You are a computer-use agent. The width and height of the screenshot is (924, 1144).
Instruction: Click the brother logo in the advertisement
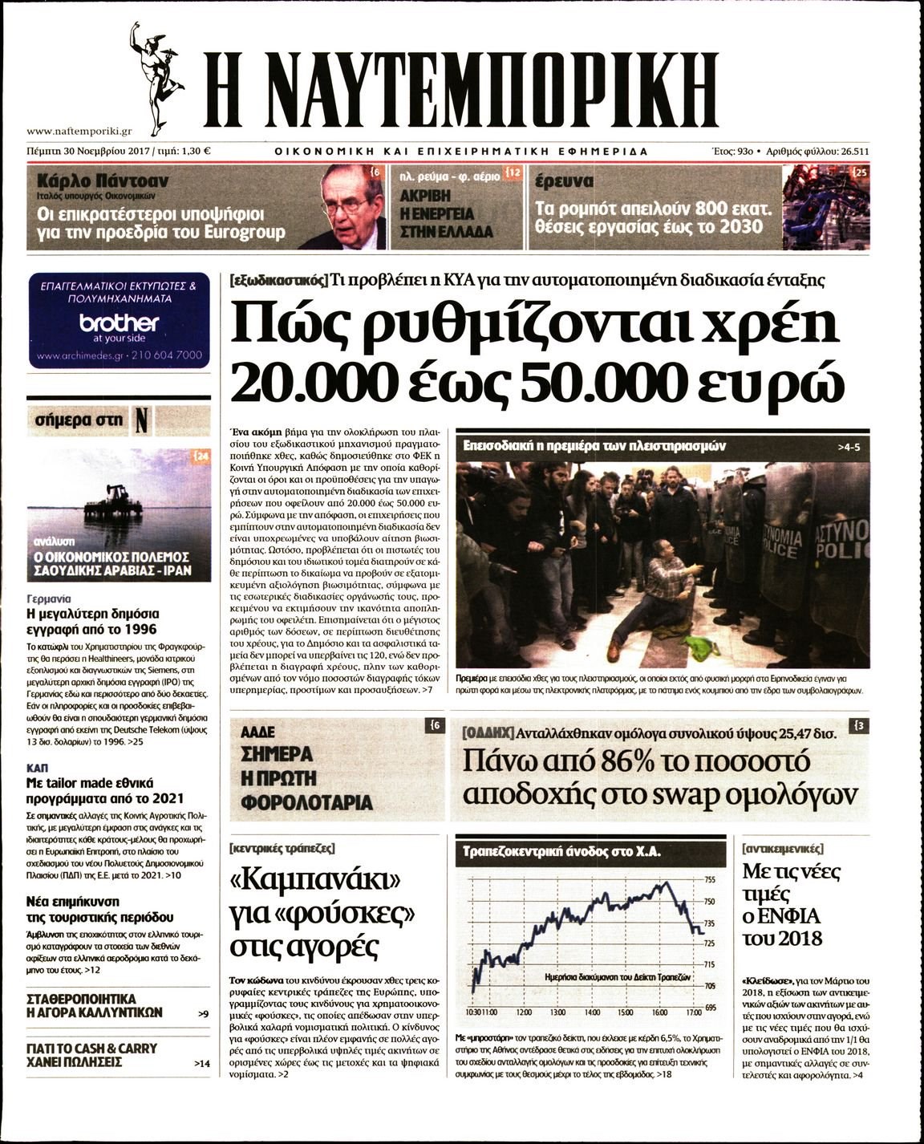[119, 323]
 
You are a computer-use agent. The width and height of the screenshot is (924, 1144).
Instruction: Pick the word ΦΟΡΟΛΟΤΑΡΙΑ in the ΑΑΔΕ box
[307, 802]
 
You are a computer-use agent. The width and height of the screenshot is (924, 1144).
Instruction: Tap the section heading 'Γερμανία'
[49, 598]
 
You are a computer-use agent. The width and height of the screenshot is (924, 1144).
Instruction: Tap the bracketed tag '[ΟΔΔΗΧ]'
[488, 733]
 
